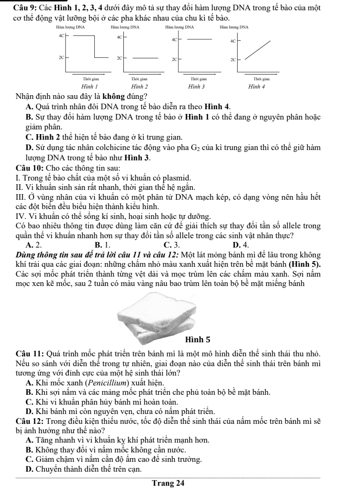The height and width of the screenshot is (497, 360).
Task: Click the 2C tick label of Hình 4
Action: click(x=232, y=60)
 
